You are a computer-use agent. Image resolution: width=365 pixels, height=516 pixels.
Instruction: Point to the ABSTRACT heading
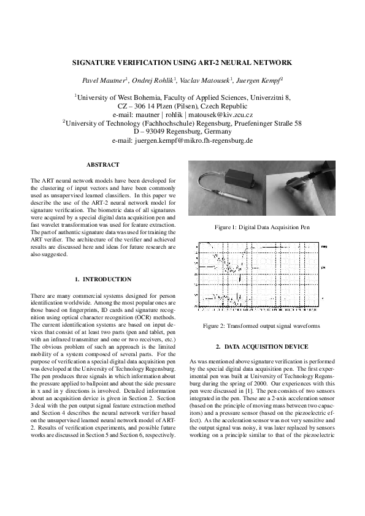[103, 165]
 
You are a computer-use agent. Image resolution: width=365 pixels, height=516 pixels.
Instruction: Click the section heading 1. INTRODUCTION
[103, 279]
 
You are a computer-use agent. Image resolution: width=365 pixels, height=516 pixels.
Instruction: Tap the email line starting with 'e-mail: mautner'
[183, 115]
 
